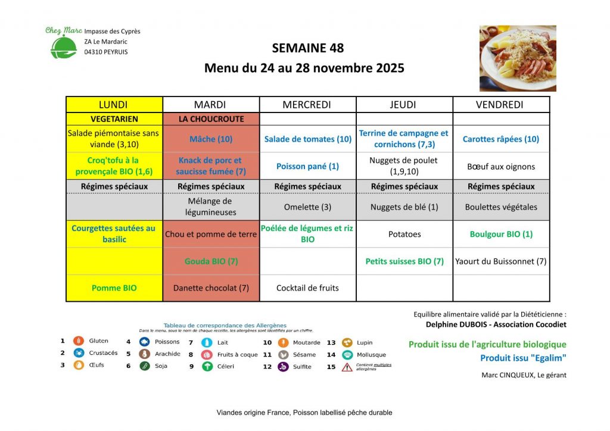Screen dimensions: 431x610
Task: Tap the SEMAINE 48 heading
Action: [x=307, y=48]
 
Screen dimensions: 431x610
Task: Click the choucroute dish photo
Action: [x=518, y=58]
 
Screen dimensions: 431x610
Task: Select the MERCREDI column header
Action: [x=307, y=105]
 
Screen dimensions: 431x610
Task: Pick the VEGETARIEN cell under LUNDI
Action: [x=114, y=119]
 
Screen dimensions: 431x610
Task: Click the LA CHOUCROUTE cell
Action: [x=211, y=119]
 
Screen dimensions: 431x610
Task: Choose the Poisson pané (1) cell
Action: [x=307, y=167]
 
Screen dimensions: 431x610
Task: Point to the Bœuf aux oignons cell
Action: [x=501, y=167]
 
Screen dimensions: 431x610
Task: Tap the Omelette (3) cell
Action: [x=307, y=207]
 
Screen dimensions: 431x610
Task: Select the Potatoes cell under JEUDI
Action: [x=404, y=234]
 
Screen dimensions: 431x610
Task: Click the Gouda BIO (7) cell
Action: [x=211, y=261]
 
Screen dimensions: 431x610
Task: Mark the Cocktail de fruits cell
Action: [x=307, y=288]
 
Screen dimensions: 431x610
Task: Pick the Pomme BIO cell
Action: [x=114, y=288]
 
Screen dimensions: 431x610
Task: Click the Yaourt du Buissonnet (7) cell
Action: [x=501, y=261]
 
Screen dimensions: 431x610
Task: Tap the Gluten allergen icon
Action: [x=78, y=341]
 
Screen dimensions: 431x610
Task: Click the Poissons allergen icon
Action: [x=144, y=342]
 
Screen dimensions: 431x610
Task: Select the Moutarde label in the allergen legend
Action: [x=307, y=342]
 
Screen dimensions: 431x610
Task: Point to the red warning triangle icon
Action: [x=347, y=367]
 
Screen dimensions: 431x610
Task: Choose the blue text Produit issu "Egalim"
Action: [x=523, y=358]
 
